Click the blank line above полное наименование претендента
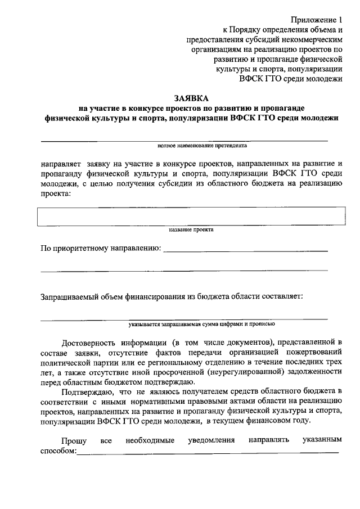point(183,140)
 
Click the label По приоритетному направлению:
point(100,248)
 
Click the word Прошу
point(73,440)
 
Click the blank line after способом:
point(208,451)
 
